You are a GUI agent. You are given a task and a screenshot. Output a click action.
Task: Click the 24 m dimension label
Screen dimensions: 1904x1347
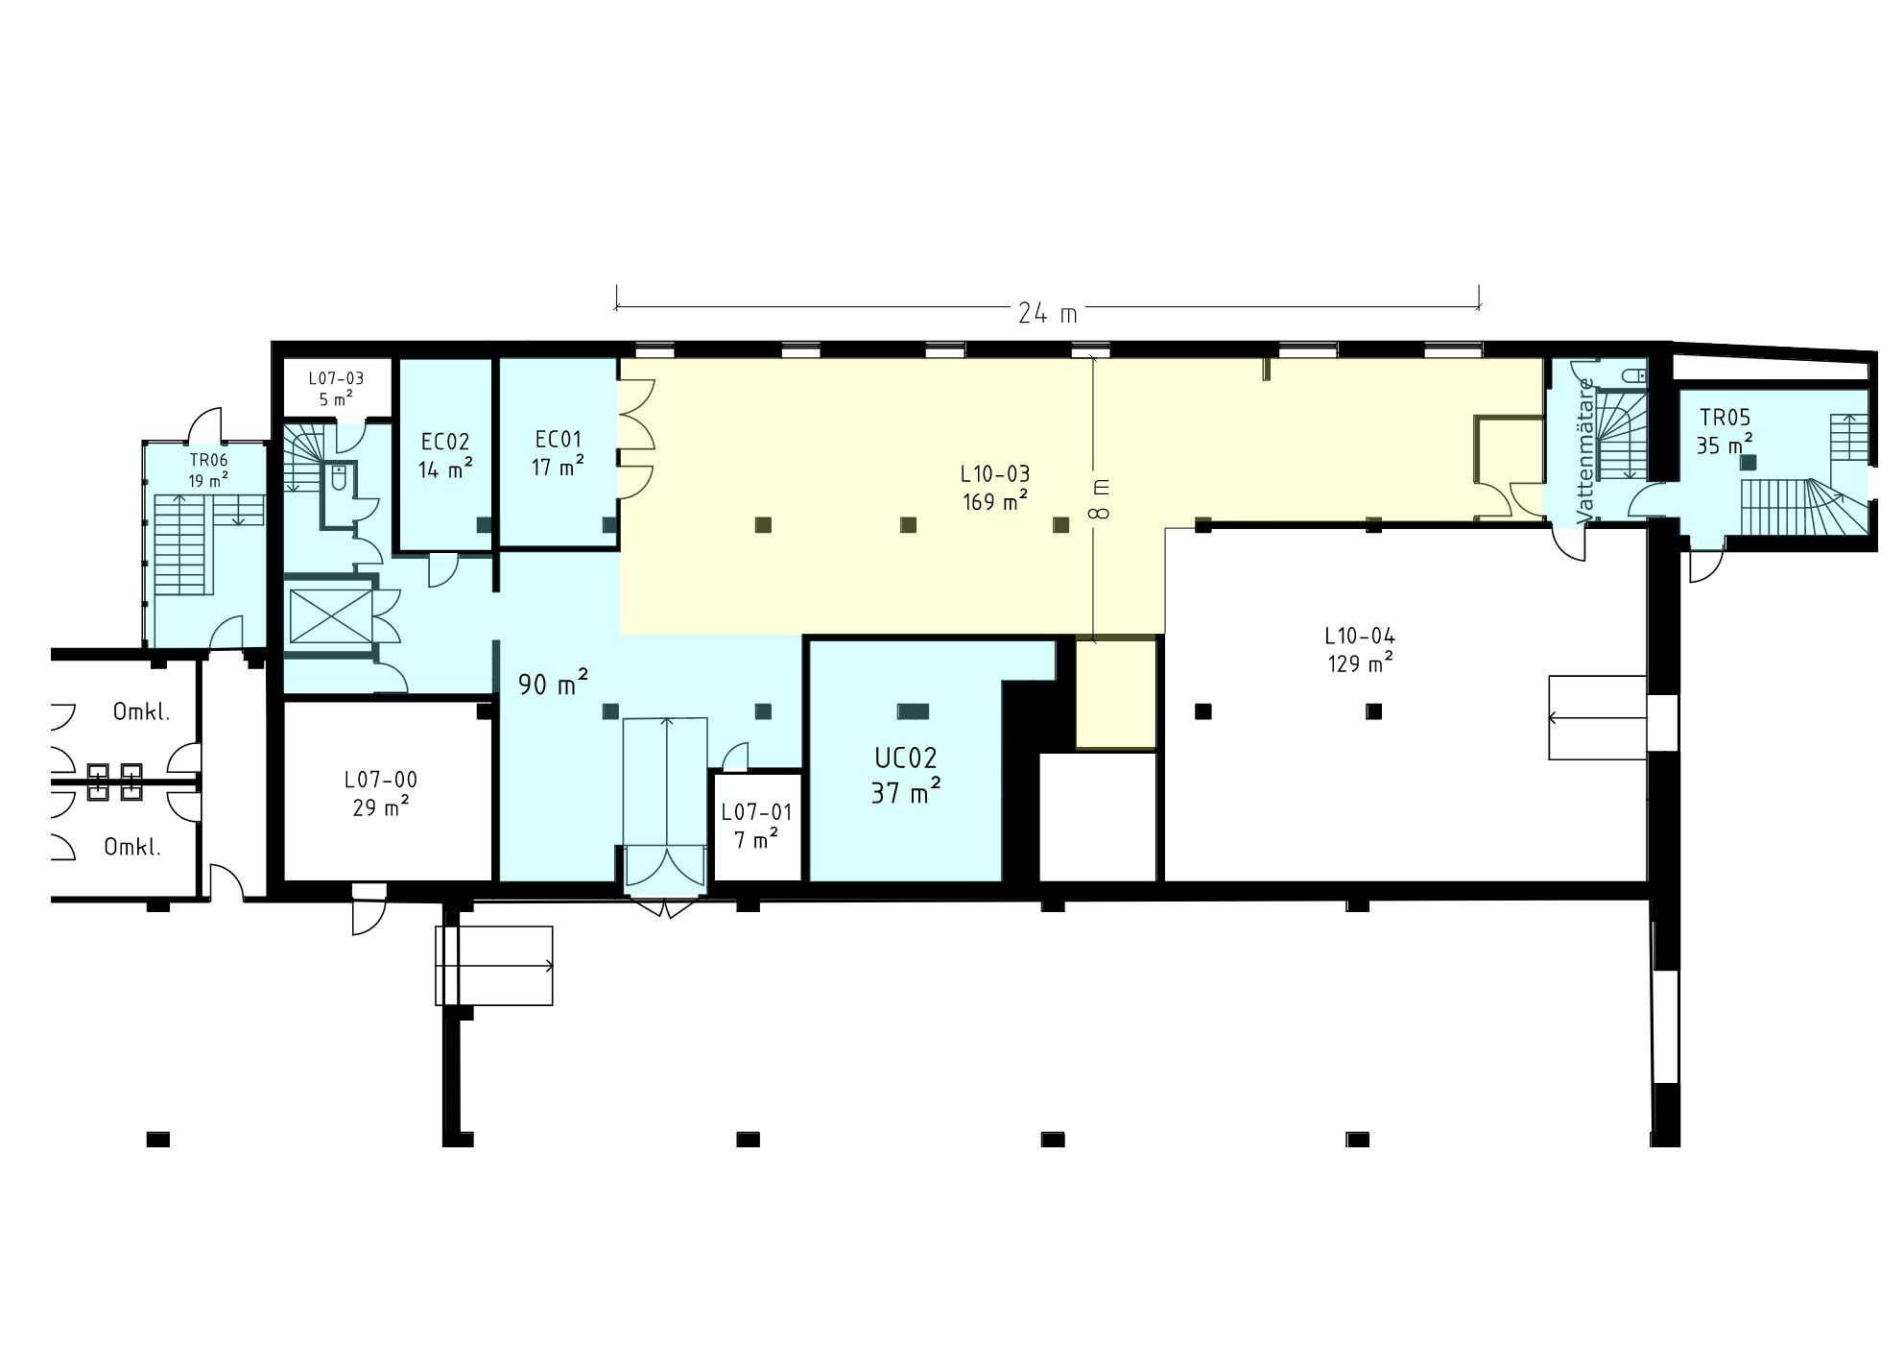[1047, 313]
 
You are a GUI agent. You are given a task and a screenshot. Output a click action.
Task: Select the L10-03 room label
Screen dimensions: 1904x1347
[995, 474]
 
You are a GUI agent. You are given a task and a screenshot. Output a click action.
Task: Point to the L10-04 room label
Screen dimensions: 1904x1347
[1360, 636]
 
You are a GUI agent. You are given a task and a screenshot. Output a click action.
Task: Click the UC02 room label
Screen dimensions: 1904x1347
[905, 758]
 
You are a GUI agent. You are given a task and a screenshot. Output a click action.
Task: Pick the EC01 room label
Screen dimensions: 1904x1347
[559, 440]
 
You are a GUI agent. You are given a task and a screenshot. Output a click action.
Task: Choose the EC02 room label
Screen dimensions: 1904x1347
[445, 443]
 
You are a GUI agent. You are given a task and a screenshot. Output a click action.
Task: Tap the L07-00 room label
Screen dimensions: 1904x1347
[381, 780]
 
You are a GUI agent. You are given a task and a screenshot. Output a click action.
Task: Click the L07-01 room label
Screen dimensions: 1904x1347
[757, 812]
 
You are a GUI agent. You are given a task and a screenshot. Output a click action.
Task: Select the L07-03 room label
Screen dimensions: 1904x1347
[336, 378]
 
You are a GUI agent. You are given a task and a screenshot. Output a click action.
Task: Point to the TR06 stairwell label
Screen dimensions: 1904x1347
[208, 460]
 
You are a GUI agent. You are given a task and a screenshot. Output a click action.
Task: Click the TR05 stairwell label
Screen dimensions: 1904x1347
[1725, 418]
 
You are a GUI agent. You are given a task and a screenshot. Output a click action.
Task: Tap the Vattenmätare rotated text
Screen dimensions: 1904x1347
[1586, 450]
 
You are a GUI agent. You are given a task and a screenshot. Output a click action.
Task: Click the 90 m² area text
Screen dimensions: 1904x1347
[553, 684]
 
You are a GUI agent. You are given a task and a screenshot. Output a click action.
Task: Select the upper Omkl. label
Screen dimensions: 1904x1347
[142, 712]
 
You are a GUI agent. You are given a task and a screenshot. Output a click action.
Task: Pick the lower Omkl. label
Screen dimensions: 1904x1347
[132, 848]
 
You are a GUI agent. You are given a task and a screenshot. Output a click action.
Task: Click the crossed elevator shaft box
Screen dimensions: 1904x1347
[329, 615]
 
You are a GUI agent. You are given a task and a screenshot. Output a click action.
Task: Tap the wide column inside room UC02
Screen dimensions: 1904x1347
[913, 711]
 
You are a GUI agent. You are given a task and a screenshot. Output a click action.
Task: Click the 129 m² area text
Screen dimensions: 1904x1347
[1361, 662]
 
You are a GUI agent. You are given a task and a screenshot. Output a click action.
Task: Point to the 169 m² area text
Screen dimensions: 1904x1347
[996, 500]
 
